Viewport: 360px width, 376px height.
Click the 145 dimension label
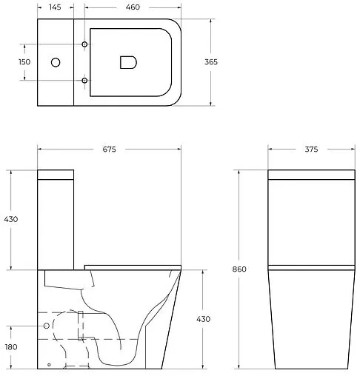pos(56,7)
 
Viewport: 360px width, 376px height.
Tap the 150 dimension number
pos(25,62)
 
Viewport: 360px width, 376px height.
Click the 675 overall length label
pos(109,150)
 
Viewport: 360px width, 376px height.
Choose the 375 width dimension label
pos(311,150)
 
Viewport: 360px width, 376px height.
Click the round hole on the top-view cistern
pos(54,63)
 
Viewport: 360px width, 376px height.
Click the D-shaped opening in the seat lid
pos(127,63)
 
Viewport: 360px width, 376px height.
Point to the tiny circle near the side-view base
pos(49,365)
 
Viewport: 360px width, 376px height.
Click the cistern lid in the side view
pos(56,175)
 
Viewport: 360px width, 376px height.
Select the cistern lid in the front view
pos(310,175)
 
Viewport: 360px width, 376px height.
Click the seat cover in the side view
pos(133,266)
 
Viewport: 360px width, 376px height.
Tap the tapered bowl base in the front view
pos(310,326)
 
